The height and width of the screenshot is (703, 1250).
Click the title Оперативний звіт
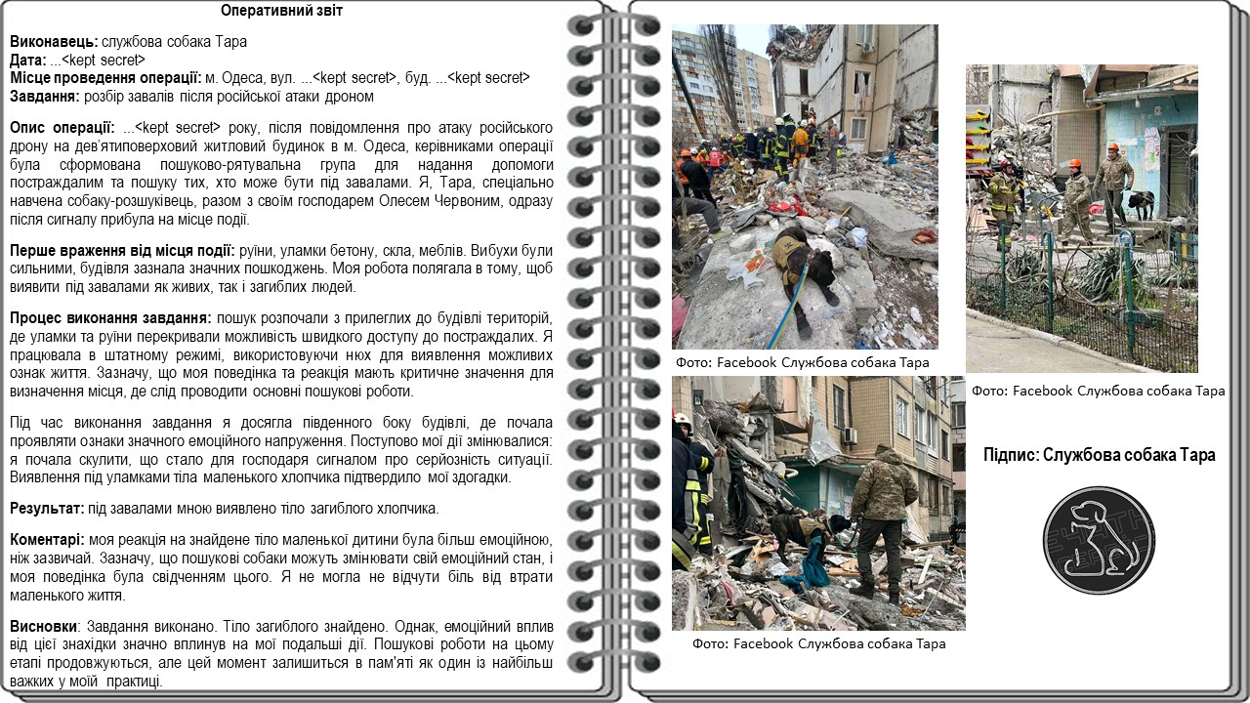coord(281,12)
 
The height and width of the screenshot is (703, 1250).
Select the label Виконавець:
coord(54,42)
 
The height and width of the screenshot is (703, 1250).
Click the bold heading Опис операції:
coord(62,128)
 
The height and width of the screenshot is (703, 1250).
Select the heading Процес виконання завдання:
coord(110,318)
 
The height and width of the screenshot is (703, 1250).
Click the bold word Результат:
coord(46,509)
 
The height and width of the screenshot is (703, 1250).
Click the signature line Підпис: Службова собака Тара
coord(1099,455)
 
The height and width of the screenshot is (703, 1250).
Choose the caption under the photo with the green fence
coord(1098,391)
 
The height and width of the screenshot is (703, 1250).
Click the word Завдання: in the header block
coord(45,97)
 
